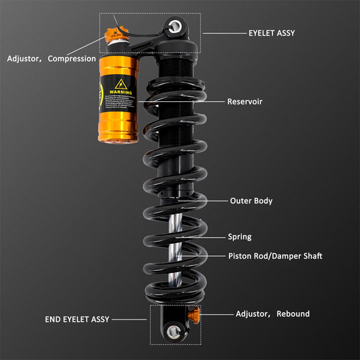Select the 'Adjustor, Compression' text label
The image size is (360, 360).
click(51, 59)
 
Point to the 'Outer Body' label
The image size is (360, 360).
click(251, 201)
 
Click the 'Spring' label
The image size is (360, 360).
click(240, 236)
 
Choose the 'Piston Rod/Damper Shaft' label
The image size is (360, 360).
click(276, 256)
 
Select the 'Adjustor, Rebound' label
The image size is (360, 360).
click(272, 313)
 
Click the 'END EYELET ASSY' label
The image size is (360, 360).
click(76, 319)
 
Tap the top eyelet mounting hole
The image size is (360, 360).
click(176, 26)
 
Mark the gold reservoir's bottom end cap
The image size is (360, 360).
click(118, 136)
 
